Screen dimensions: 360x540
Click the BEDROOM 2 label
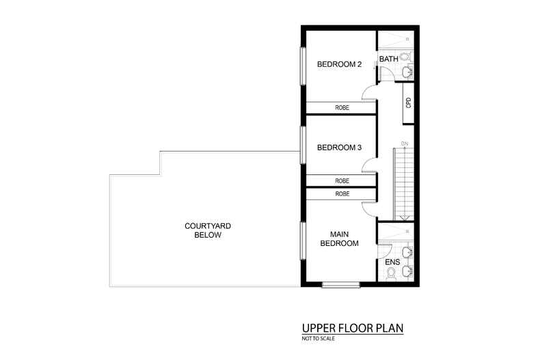[339, 65]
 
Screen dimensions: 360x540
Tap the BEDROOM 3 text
[339, 148]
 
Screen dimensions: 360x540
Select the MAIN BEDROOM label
[339, 238]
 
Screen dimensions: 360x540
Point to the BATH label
[389, 59]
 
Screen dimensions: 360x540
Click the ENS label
[392, 262]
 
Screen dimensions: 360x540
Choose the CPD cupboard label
[408, 102]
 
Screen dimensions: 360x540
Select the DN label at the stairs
[405, 143]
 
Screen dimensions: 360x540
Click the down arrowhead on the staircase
[405, 217]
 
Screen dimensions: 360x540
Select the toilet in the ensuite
[391, 274]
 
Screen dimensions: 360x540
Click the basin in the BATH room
[407, 71]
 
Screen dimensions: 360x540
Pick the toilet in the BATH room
[405, 57]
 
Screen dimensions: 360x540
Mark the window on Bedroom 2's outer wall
[303, 66]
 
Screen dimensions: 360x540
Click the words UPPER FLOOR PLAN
[353, 329]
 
